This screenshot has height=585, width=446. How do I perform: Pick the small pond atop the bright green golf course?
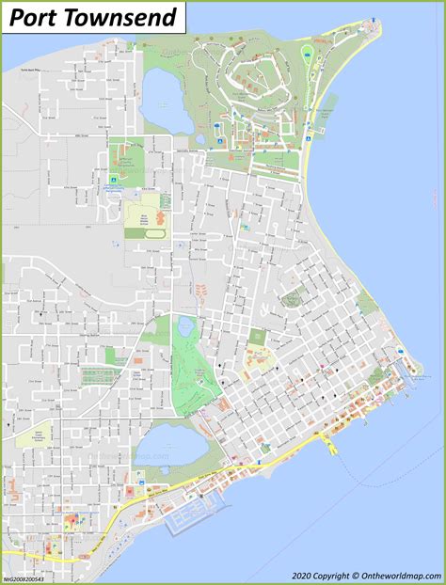[184, 327]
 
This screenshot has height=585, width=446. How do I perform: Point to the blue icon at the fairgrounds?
[114, 177]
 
